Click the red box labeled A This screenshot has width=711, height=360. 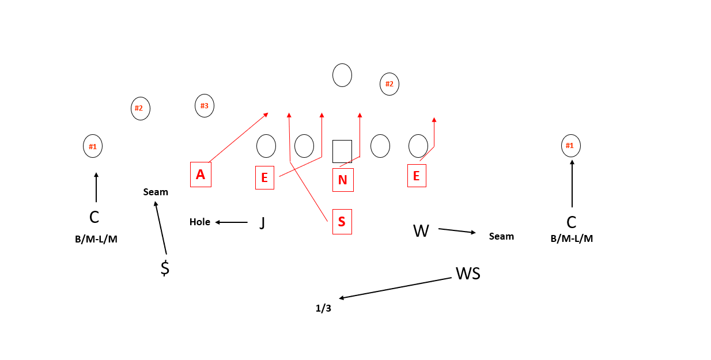[201, 175]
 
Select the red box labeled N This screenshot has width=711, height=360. [343, 180]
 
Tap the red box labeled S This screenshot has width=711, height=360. [342, 222]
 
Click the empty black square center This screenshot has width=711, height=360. [342, 151]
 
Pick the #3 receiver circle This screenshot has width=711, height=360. [205, 106]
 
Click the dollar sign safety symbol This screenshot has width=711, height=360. [165, 268]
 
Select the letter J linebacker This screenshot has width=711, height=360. [262, 222]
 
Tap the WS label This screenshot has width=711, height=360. [468, 274]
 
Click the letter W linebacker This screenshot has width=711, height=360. [421, 232]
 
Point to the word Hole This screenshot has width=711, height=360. [200, 222]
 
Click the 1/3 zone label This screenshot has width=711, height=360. [323, 309]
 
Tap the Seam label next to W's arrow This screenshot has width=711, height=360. [501, 236]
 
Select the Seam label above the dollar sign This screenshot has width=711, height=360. [156, 192]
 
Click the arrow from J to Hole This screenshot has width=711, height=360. [232, 222]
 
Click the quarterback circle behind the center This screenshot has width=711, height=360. [342, 75]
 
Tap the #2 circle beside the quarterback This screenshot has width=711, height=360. [389, 84]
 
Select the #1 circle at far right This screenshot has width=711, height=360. [570, 146]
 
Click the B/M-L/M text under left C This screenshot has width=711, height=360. [96, 239]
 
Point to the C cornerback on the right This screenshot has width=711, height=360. [572, 222]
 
